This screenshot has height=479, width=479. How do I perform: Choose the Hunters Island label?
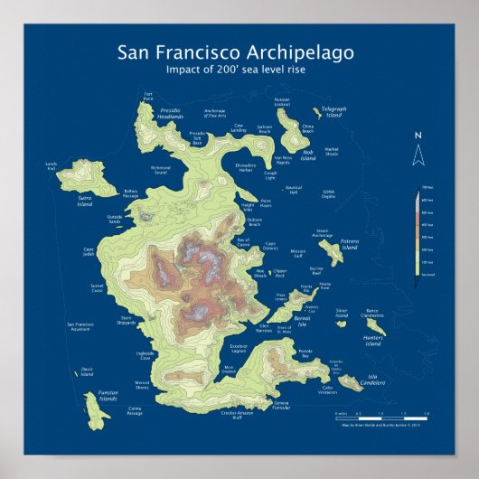tap(373, 342)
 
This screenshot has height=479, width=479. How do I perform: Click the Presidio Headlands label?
tap(169, 116)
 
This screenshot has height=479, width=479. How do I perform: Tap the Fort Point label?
tap(148, 94)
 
